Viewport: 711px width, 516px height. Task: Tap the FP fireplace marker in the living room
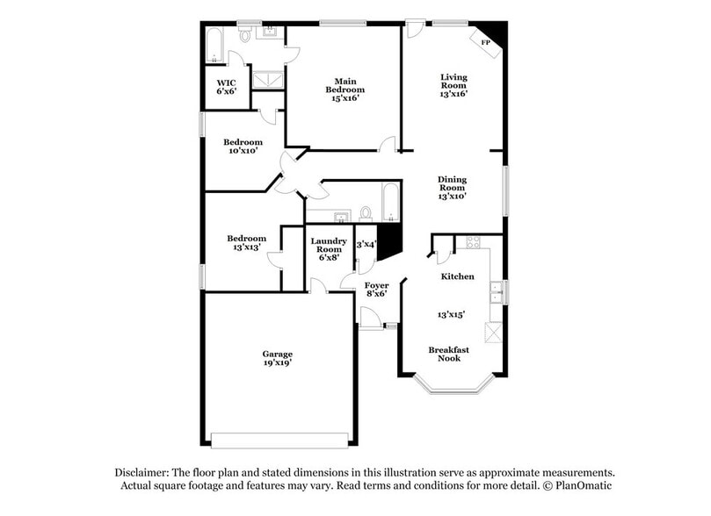click(x=484, y=42)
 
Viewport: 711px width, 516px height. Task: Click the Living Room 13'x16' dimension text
click(x=453, y=93)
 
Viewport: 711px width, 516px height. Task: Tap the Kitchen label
click(x=457, y=276)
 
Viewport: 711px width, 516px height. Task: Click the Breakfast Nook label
click(x=448, y=354)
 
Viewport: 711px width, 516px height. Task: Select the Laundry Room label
click(x=330, y=245)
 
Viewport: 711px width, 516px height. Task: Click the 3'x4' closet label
click(x=366, y=244)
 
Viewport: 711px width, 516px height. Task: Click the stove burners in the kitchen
click(x=473, y=242)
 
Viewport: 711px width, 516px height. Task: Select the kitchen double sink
click(x=497, y=291)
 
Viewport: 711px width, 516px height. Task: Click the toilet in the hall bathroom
click(x=367, y=213)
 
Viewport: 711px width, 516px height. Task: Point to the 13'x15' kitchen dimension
click(x=451, y=313)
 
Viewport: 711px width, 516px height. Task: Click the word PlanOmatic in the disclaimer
click(x=581, y=486)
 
